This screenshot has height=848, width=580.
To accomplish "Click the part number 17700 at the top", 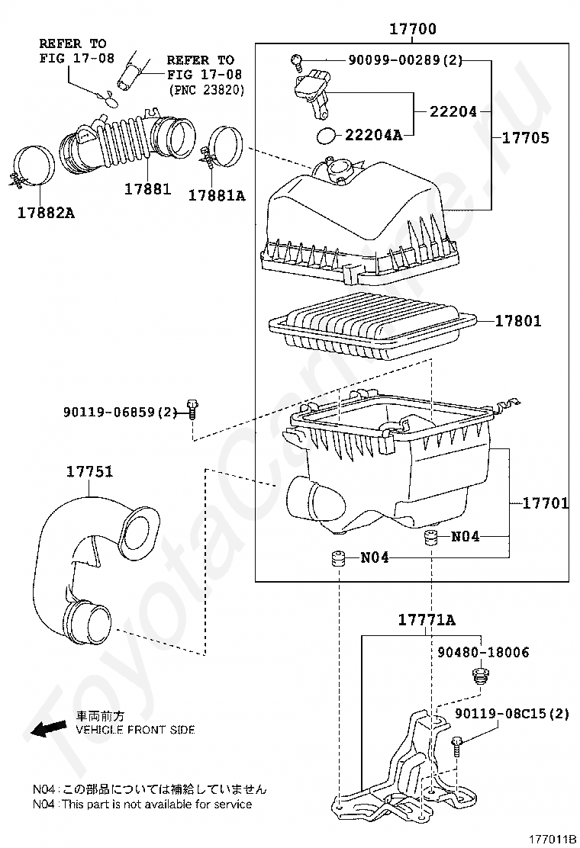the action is point(412,28).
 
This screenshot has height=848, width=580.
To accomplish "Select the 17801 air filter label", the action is point(517,321).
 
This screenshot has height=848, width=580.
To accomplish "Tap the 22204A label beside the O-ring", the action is point(373,135).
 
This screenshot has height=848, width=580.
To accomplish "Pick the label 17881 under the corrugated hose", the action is point(147,189).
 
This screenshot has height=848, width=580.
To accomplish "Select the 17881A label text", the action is point(217,195).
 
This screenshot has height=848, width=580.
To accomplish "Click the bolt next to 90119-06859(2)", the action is point(192,409).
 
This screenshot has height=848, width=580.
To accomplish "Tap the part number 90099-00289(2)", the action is point(405,60).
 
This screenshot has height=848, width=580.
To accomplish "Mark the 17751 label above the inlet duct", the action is point(90,471).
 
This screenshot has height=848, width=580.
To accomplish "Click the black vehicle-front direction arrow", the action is point(46,729).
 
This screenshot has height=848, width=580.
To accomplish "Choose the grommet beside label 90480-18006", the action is point(479,675).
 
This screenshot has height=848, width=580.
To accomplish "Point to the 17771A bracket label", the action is point(427,620).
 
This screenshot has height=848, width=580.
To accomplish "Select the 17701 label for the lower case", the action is point(546,503).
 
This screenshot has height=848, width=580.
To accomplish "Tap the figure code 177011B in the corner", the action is point(552,839).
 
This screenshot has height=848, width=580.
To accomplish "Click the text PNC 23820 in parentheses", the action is point(206,89).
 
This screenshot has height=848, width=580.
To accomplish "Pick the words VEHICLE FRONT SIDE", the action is point(135,730).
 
